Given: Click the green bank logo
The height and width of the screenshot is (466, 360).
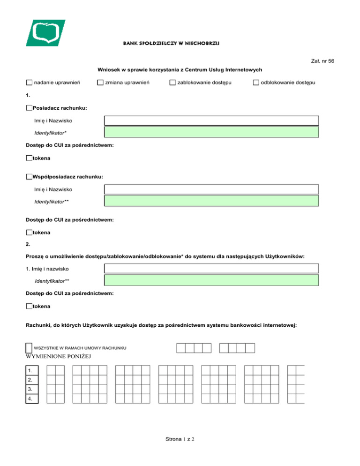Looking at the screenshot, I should [45, 33].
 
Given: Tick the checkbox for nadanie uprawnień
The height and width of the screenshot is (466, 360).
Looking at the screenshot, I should [30, 83].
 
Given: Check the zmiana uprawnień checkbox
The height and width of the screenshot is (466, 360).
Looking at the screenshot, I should [100, 83].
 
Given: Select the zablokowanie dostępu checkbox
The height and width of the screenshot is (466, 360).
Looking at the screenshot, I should [172, 83].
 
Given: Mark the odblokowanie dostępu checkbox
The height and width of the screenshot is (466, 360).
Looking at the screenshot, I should [256, 83].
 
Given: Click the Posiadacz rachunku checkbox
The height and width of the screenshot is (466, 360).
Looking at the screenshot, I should [30, 108].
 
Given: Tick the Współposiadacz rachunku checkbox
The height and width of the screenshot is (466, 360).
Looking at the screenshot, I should [30, 177].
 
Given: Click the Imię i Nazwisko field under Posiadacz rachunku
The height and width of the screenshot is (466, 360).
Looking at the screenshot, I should [211, 120].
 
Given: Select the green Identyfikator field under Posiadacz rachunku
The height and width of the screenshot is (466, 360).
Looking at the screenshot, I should [211, 132].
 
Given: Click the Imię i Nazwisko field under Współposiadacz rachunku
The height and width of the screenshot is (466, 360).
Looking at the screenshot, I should [211, 189].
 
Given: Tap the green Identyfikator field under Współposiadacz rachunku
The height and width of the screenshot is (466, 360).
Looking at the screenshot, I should [211, 201].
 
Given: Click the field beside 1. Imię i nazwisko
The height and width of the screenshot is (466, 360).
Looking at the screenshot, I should [211, 269].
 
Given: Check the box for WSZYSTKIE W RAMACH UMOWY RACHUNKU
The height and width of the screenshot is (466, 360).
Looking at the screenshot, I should [29, 348].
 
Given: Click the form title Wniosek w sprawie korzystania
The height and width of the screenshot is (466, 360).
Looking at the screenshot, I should [180, 69].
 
